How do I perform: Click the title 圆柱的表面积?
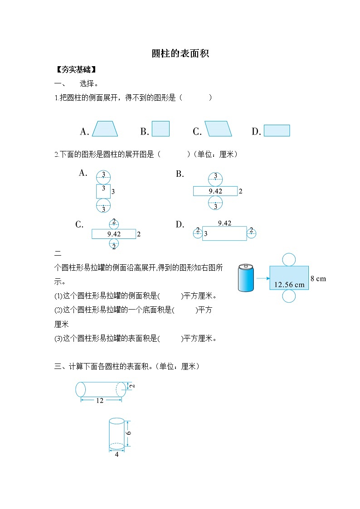point(180,53)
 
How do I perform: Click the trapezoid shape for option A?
point(105,129)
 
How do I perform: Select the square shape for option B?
point(161,129)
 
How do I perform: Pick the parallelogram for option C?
point(218,129)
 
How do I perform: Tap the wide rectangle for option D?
point(277,131)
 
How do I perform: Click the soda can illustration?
point(246,278)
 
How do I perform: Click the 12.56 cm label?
point(289,285)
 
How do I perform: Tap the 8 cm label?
point(318,278)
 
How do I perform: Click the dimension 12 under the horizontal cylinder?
point(100,400)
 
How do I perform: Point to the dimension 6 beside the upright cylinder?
point(129,433)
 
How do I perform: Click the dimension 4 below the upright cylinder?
point(117,454)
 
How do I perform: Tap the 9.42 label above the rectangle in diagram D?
point(224,223)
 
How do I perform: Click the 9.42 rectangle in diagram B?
point(215,191)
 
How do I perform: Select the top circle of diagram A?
point(103,177)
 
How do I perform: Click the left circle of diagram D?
point(197,233)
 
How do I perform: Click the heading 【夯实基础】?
point(76,70)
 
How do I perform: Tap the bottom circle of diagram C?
point(114,245)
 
